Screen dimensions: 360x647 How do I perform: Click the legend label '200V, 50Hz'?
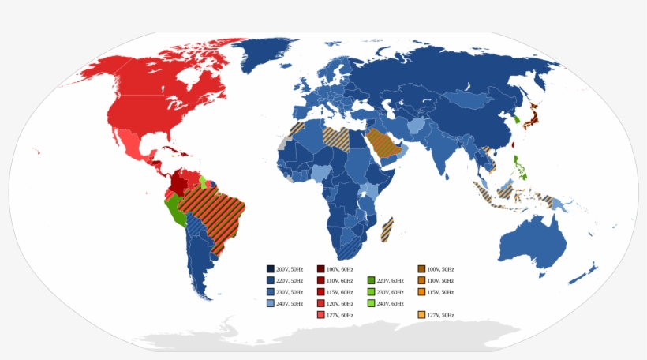290,269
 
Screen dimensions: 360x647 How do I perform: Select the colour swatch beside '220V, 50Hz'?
271,280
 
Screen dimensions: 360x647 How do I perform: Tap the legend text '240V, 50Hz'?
290,303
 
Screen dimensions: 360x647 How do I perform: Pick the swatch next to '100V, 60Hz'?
321,269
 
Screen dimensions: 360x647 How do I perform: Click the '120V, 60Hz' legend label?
340,303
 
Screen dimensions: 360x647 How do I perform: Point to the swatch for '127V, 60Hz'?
321,315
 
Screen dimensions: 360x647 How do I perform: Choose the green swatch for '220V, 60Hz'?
372,280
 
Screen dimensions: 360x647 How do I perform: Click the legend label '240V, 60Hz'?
391,303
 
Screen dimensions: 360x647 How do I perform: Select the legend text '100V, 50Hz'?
441,269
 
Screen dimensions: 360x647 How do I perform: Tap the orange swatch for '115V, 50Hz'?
422,292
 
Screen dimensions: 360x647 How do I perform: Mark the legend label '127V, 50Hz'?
441,315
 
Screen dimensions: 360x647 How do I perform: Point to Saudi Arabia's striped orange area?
382,144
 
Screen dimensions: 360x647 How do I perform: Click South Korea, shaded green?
516,121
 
